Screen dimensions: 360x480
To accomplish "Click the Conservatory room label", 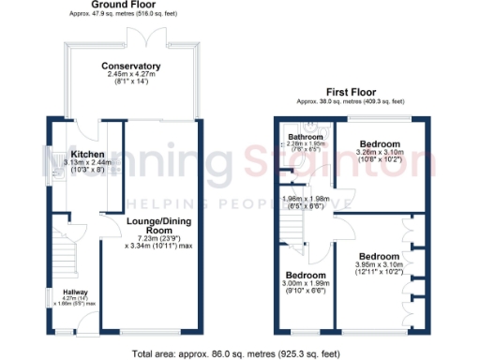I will click(x=131, y=66).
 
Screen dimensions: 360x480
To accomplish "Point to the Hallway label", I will click(x=63, y=291).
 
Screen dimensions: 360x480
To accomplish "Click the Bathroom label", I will click(x=306, y=137).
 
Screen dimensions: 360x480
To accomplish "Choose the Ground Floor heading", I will click(x=123, y=5).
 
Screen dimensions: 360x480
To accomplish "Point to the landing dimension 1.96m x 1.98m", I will click(x=303, y=201).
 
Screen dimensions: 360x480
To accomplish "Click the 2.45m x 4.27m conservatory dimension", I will click(x=131, y=78).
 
